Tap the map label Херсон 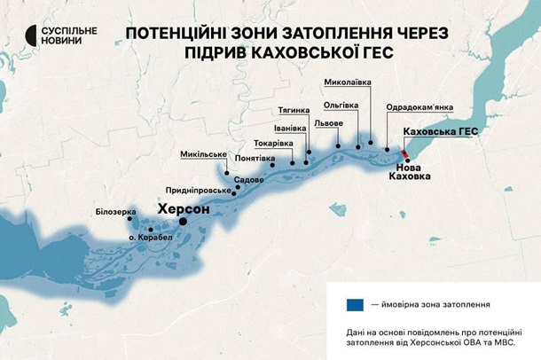pos(183,209)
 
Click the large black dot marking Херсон pos(184,222)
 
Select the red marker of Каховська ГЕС pos(405,154)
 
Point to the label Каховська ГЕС pos(440,131)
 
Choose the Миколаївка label pos(348,82)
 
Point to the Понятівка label pos(255,159)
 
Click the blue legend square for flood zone pos(355,304)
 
